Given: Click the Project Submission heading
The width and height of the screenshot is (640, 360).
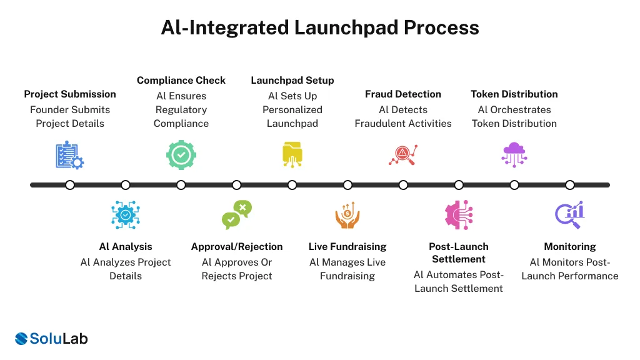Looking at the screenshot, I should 70,94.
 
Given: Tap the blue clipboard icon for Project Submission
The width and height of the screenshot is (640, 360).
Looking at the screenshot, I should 69,155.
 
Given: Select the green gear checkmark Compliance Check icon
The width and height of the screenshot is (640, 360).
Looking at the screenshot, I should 181,155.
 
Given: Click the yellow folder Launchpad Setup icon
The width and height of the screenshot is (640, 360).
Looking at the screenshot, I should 292,155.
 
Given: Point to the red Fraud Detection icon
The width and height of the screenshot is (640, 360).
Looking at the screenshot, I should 403,155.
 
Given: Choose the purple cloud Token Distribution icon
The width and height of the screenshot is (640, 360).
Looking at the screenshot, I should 514,154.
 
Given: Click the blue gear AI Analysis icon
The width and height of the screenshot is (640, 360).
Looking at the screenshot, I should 126,214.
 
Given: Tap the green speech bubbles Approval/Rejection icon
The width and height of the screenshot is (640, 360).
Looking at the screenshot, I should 237,214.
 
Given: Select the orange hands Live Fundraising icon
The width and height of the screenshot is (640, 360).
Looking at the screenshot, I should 347,214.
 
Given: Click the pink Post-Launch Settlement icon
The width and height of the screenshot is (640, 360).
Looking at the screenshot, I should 459,214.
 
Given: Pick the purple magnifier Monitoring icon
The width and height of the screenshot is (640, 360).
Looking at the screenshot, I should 569,214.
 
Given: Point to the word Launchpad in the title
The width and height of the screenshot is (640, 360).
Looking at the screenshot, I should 353,27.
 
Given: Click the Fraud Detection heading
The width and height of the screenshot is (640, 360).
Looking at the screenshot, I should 403,94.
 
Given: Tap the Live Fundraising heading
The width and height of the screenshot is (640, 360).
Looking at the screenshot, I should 347,247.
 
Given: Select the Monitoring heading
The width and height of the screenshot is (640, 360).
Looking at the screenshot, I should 570,247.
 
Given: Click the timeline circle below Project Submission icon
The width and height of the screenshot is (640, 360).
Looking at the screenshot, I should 70,185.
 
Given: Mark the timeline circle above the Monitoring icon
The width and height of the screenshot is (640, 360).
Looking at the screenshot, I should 570,185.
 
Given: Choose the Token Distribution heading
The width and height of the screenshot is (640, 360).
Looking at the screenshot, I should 514,94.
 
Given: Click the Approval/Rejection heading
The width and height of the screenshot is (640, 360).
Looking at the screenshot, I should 237,247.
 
